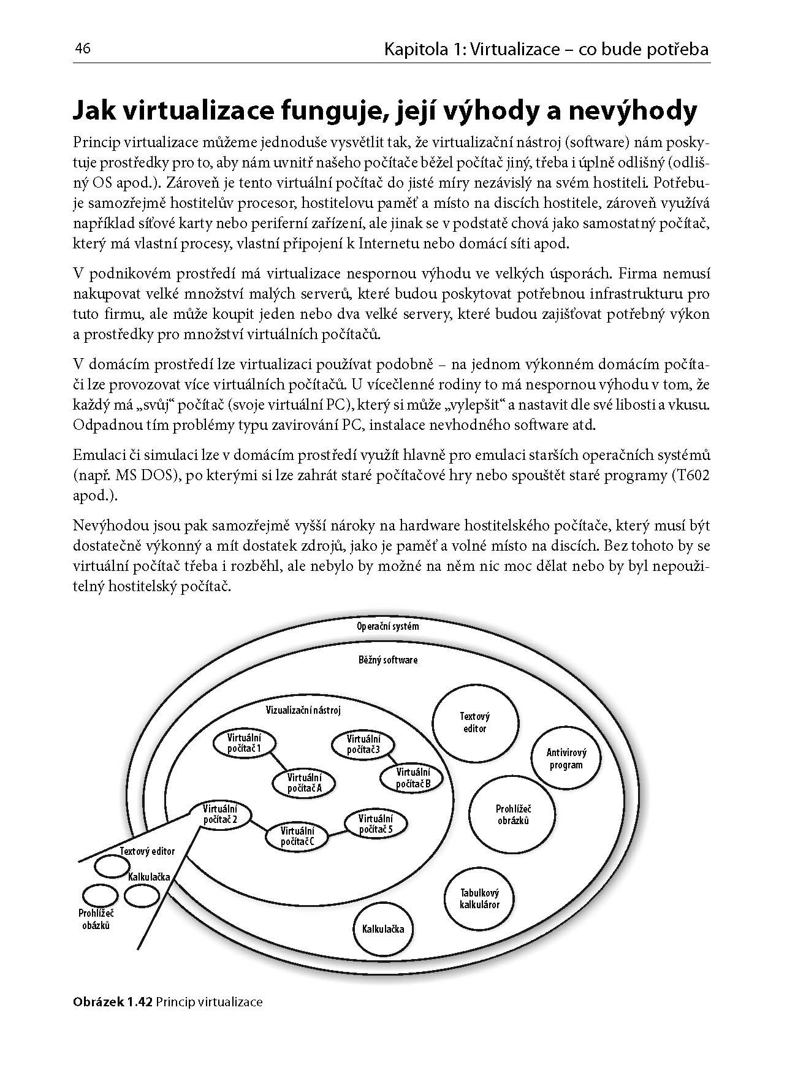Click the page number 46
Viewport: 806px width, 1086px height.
(82, 49)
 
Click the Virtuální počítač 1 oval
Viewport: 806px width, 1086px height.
(244, 743)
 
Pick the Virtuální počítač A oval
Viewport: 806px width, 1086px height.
(305, 782)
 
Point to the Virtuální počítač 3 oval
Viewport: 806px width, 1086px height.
(363, 744)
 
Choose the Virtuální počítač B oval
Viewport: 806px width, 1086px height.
(413, 778)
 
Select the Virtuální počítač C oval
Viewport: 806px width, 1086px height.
(297, 836)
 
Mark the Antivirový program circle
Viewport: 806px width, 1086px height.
(566, 759)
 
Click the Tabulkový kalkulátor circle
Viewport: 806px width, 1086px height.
(479, 900)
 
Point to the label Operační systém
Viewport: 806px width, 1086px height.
(388, 626)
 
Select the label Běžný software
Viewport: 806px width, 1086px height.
(388, 660)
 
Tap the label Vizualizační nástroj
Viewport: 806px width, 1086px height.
(303, 710)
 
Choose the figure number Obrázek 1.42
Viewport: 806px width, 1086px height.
(112, 1002)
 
